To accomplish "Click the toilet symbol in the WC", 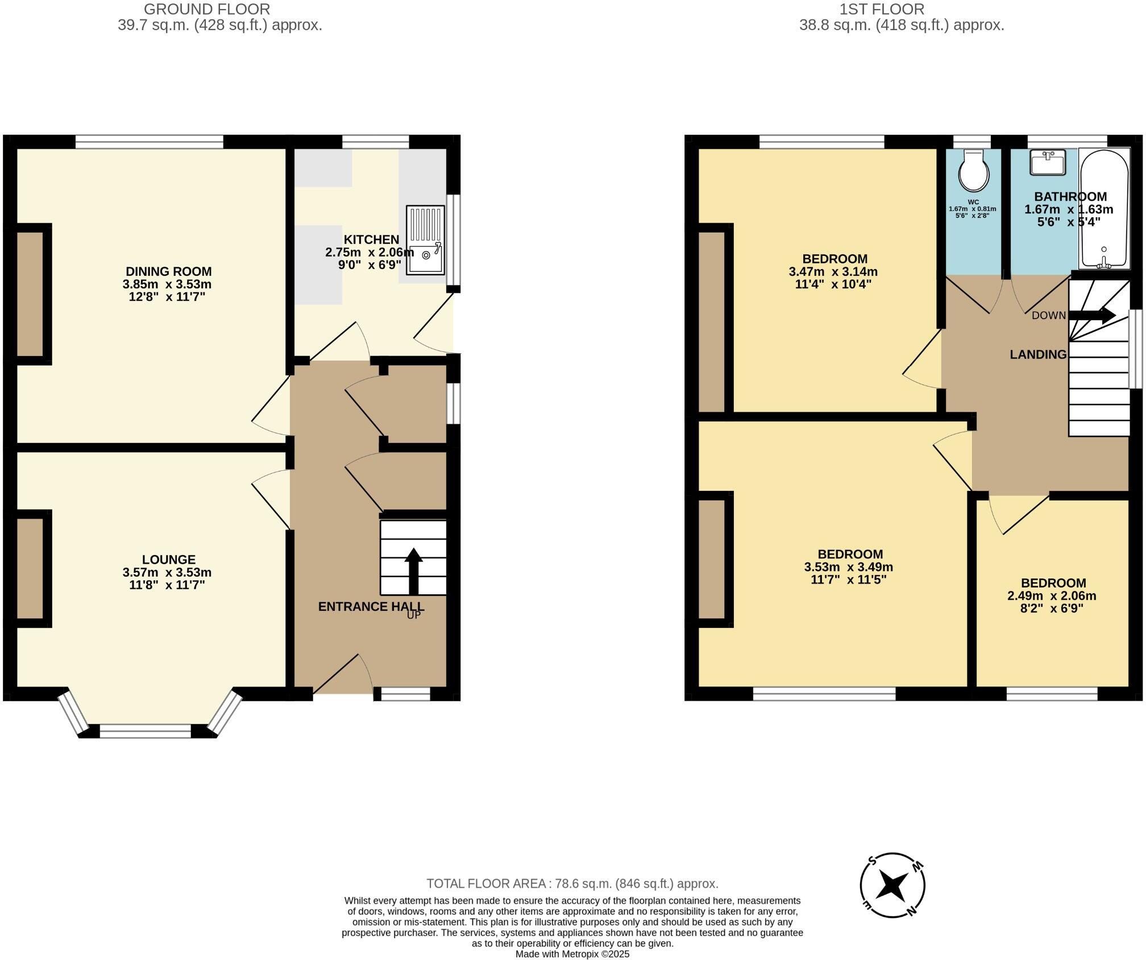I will pos(973,171).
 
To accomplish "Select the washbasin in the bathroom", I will pos(1047,163).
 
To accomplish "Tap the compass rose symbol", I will pos(892,885).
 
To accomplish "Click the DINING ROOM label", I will pos(168,271).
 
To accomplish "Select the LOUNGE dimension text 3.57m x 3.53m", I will pos(167,572).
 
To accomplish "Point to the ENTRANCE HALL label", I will pos(371,607).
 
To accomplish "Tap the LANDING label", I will pos(1038,354).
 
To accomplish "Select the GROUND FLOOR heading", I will pos(207,9).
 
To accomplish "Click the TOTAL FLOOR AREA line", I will pos(572,884).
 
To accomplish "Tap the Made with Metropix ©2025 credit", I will pos(572,954).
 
